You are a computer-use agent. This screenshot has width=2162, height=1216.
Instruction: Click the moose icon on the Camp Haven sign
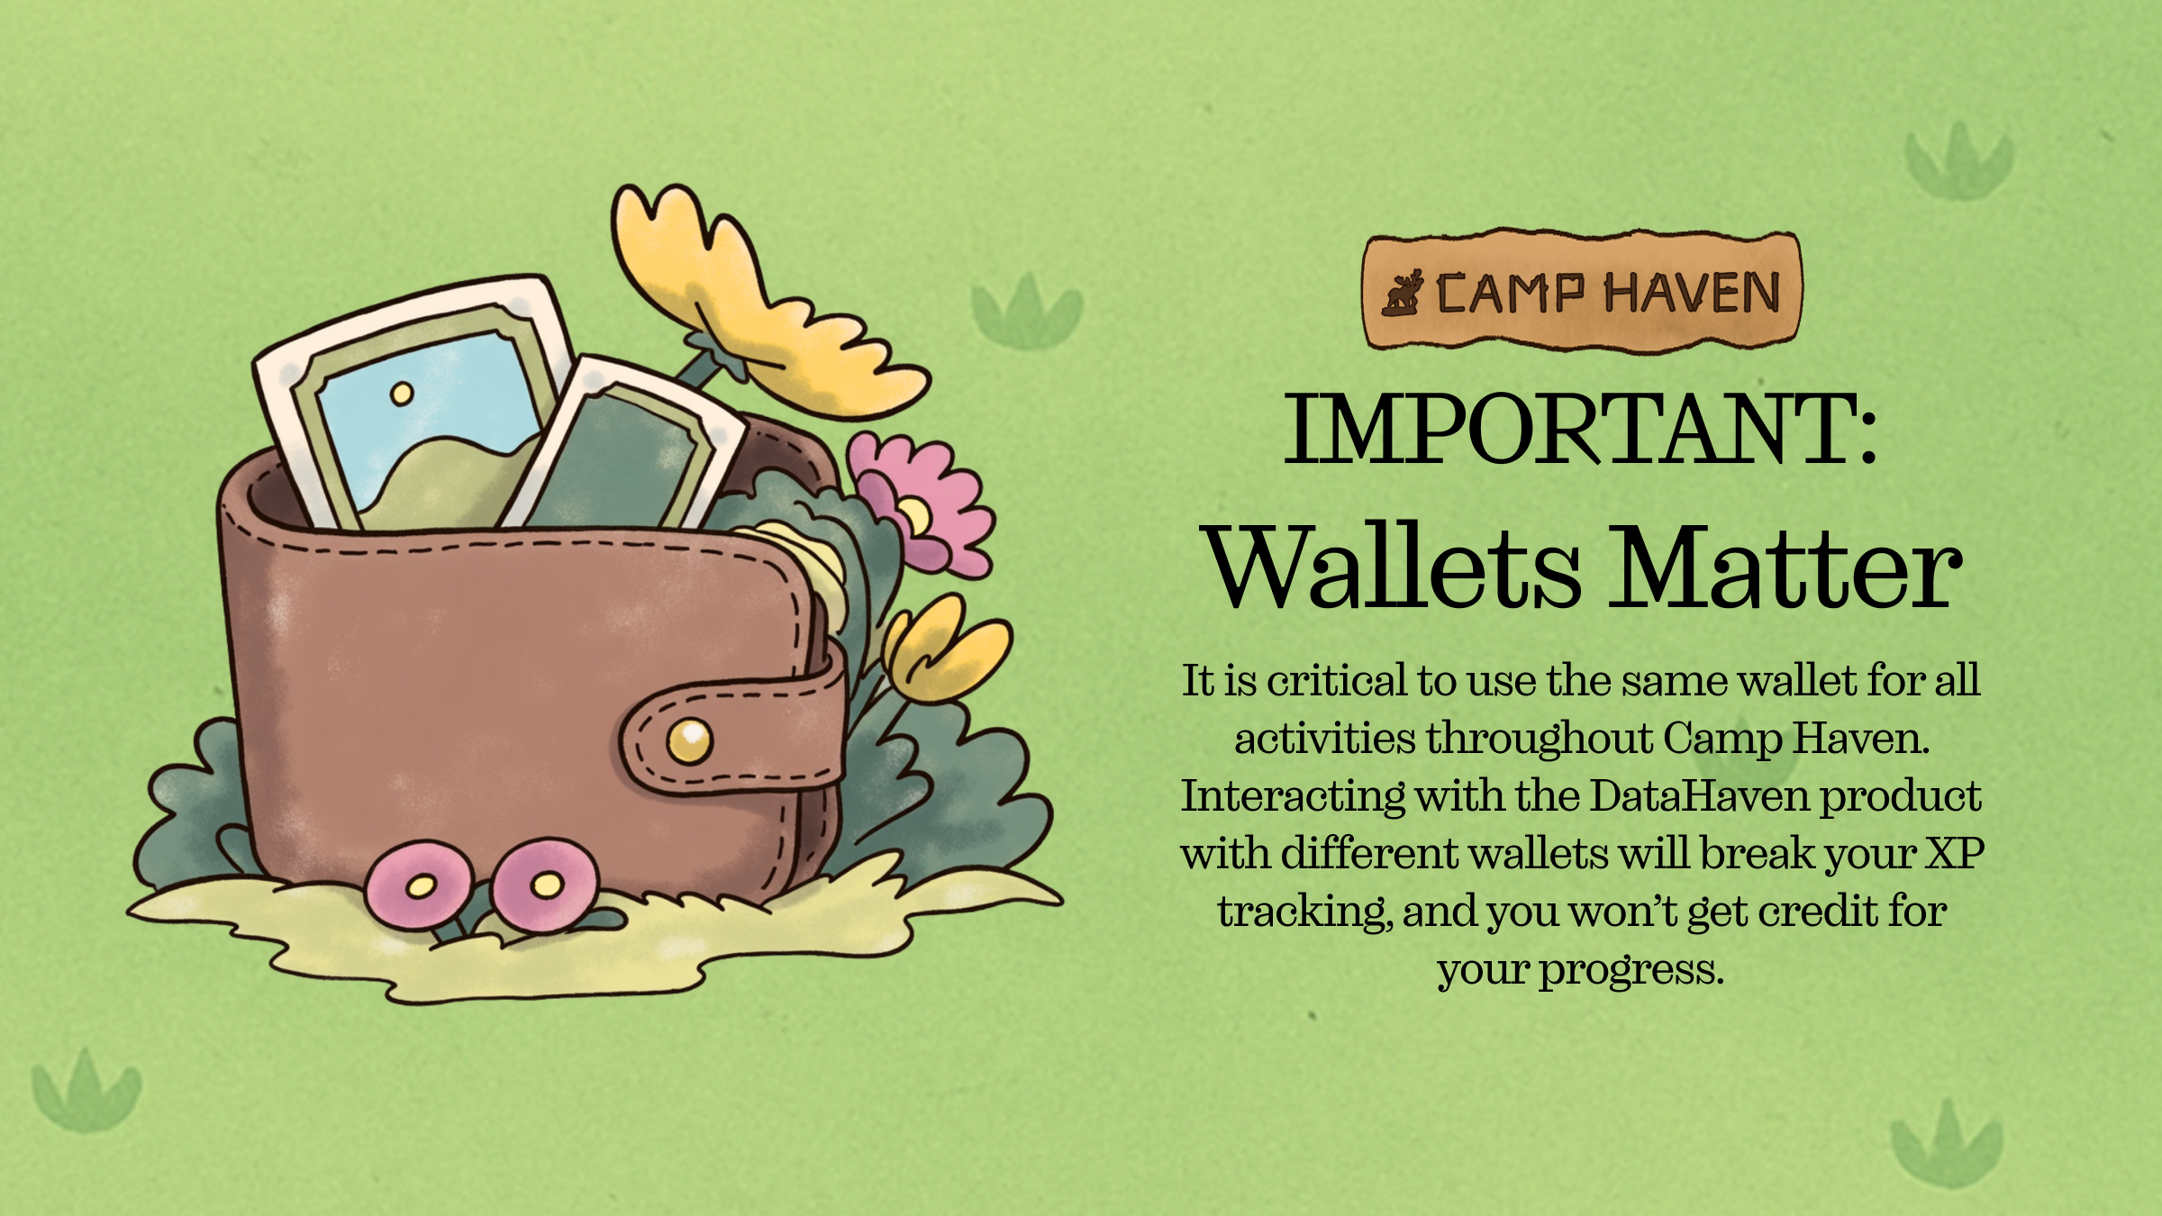tap(1403, 293)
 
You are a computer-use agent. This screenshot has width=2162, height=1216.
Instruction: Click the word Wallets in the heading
tap(1394, 567)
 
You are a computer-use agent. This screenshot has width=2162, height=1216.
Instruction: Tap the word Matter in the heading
tap(1785, 567)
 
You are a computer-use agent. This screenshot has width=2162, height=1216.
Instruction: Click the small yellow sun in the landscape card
tap(401, 394)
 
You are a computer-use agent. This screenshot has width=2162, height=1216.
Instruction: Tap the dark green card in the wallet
tap(622, 446)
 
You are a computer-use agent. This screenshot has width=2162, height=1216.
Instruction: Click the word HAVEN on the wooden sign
tap(1693, 294)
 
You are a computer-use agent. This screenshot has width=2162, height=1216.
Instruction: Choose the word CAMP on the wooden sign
tap(1510, 294)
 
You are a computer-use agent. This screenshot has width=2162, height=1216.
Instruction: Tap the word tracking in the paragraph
tap(1304, 912)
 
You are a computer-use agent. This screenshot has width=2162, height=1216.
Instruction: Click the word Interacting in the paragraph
tap(1293, 797)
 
